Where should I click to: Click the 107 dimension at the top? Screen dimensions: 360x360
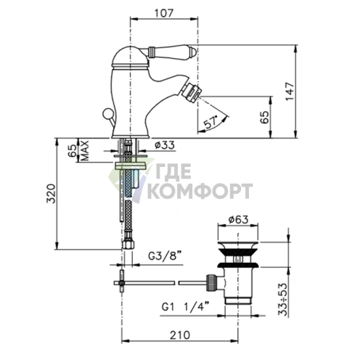click(164, 13)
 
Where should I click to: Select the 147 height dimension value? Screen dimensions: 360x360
click(290, 91)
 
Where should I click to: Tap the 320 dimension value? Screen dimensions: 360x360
click(51, 193)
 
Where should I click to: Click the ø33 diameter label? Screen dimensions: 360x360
click(165, 145)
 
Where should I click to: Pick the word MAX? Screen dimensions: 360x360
click(84, 150)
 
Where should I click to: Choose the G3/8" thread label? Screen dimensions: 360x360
click(165, 255)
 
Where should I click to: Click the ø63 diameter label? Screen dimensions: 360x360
click(238, 219)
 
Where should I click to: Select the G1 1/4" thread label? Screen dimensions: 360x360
click(185, 307)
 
